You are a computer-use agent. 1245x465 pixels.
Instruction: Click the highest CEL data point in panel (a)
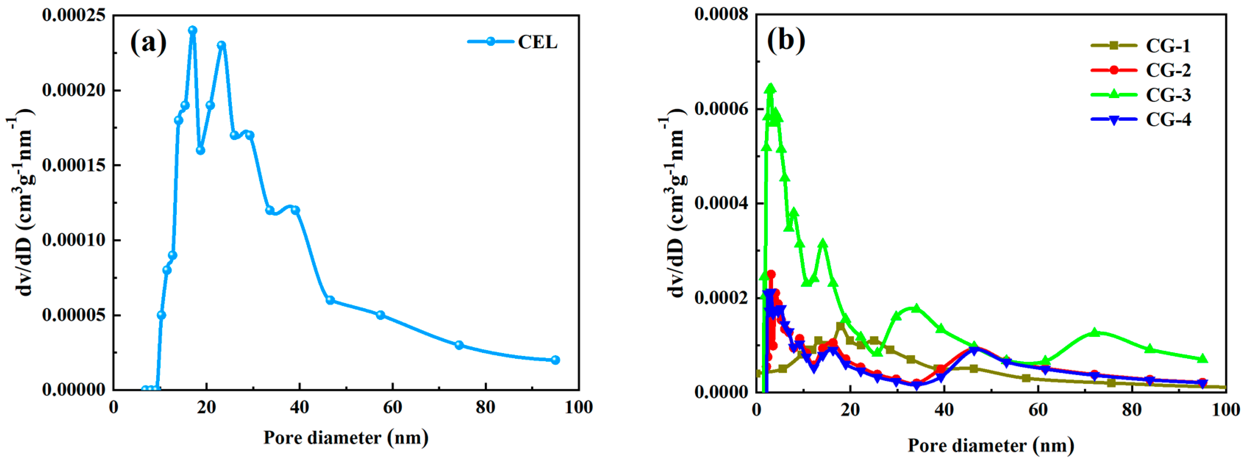pyautogui.click(x=192, y=30)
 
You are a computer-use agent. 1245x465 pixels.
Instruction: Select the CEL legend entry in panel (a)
pyautogui.click(x=512, y=42)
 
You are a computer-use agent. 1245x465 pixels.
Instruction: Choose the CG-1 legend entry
pyautogui.click(x=1141, y=46)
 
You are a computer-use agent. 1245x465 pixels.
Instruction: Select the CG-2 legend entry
pyautogui.click(x=1141, y=71)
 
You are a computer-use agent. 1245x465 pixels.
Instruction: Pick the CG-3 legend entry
pyautogui.click(x=1141, y=95)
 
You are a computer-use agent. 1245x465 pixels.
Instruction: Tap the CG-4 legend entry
pyautogui.click(x=1141, y=120)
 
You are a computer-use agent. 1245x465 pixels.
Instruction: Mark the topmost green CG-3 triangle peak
pyautogui.click(x=771, y=89)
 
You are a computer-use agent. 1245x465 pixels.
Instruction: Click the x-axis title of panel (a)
pyautogui.click(x=346, y=437)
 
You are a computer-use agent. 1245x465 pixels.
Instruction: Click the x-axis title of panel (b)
pyautogui.click(x=991, y=445)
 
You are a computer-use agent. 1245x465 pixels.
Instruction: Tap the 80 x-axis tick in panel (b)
pyautogui.click(x=1132, y=410)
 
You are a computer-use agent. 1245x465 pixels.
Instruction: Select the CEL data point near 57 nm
pyautogui.click(x=380, y=315)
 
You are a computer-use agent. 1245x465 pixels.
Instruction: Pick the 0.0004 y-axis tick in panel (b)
pyautogui.click(x=721, y=203)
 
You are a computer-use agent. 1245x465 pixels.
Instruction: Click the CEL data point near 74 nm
pyautogui.click(x=459, y=345)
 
